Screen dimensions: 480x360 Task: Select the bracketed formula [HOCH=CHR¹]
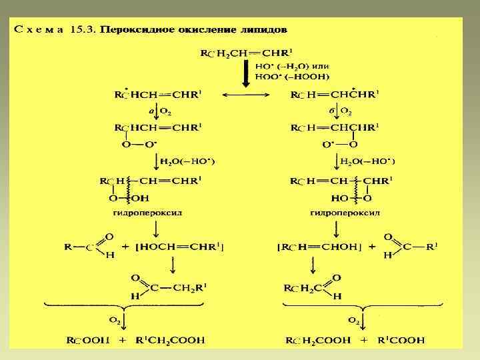click(182, 247)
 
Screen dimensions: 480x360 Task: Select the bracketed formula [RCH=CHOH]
click(315, 247)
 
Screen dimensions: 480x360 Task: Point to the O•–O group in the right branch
click(339, 145)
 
